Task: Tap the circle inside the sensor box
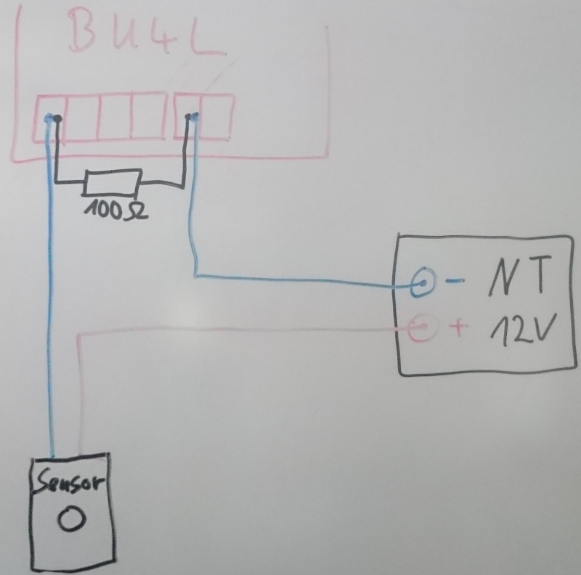tap(72, 518)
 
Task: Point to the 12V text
tap(521, 330)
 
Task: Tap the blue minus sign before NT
tap(451, 282)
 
